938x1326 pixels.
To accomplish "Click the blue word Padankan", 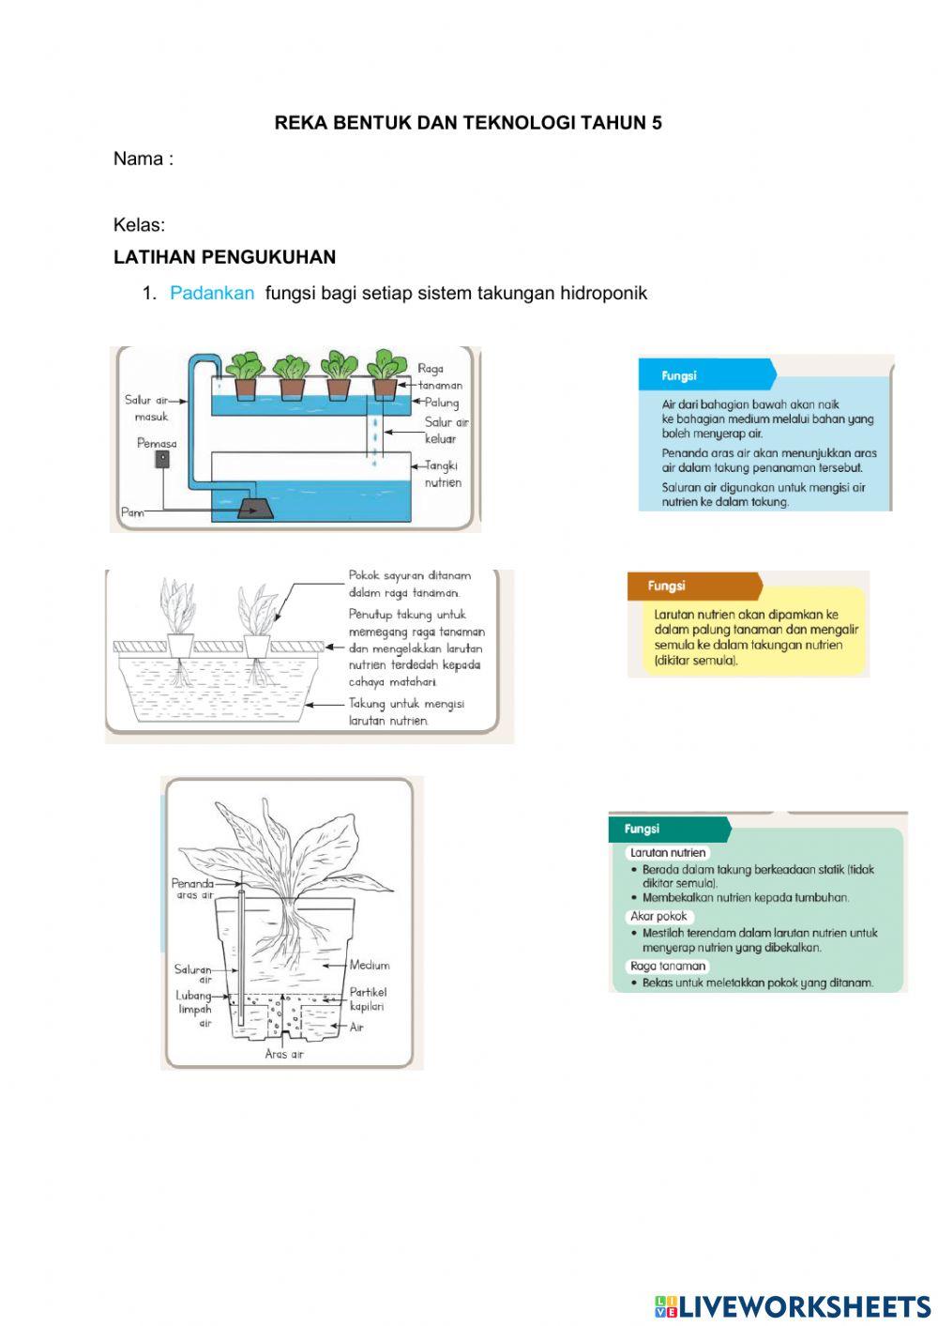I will (211, 293).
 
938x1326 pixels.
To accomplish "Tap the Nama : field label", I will (144, 159).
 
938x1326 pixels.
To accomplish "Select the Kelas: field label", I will (139, 225).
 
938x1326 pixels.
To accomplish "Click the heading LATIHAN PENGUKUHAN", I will (224, 257).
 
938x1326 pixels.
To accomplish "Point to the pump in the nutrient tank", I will (253, 508).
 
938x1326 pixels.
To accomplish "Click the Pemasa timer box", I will (162, 460).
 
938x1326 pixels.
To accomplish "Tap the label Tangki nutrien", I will (442, 474).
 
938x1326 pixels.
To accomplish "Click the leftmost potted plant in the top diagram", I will (245, 375).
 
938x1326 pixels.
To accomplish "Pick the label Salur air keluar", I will (445, 431).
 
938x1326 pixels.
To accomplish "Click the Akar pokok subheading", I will (659, 916).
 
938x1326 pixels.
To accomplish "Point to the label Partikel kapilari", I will (367, 998).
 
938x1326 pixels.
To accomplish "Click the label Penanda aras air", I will (192, 888).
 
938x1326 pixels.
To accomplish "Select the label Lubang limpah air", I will (194, 1009).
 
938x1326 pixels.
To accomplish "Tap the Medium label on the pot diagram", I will (369, 965).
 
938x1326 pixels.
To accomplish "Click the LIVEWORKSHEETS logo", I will (792, 1305).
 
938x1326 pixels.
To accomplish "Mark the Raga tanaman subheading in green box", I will (668, 966).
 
